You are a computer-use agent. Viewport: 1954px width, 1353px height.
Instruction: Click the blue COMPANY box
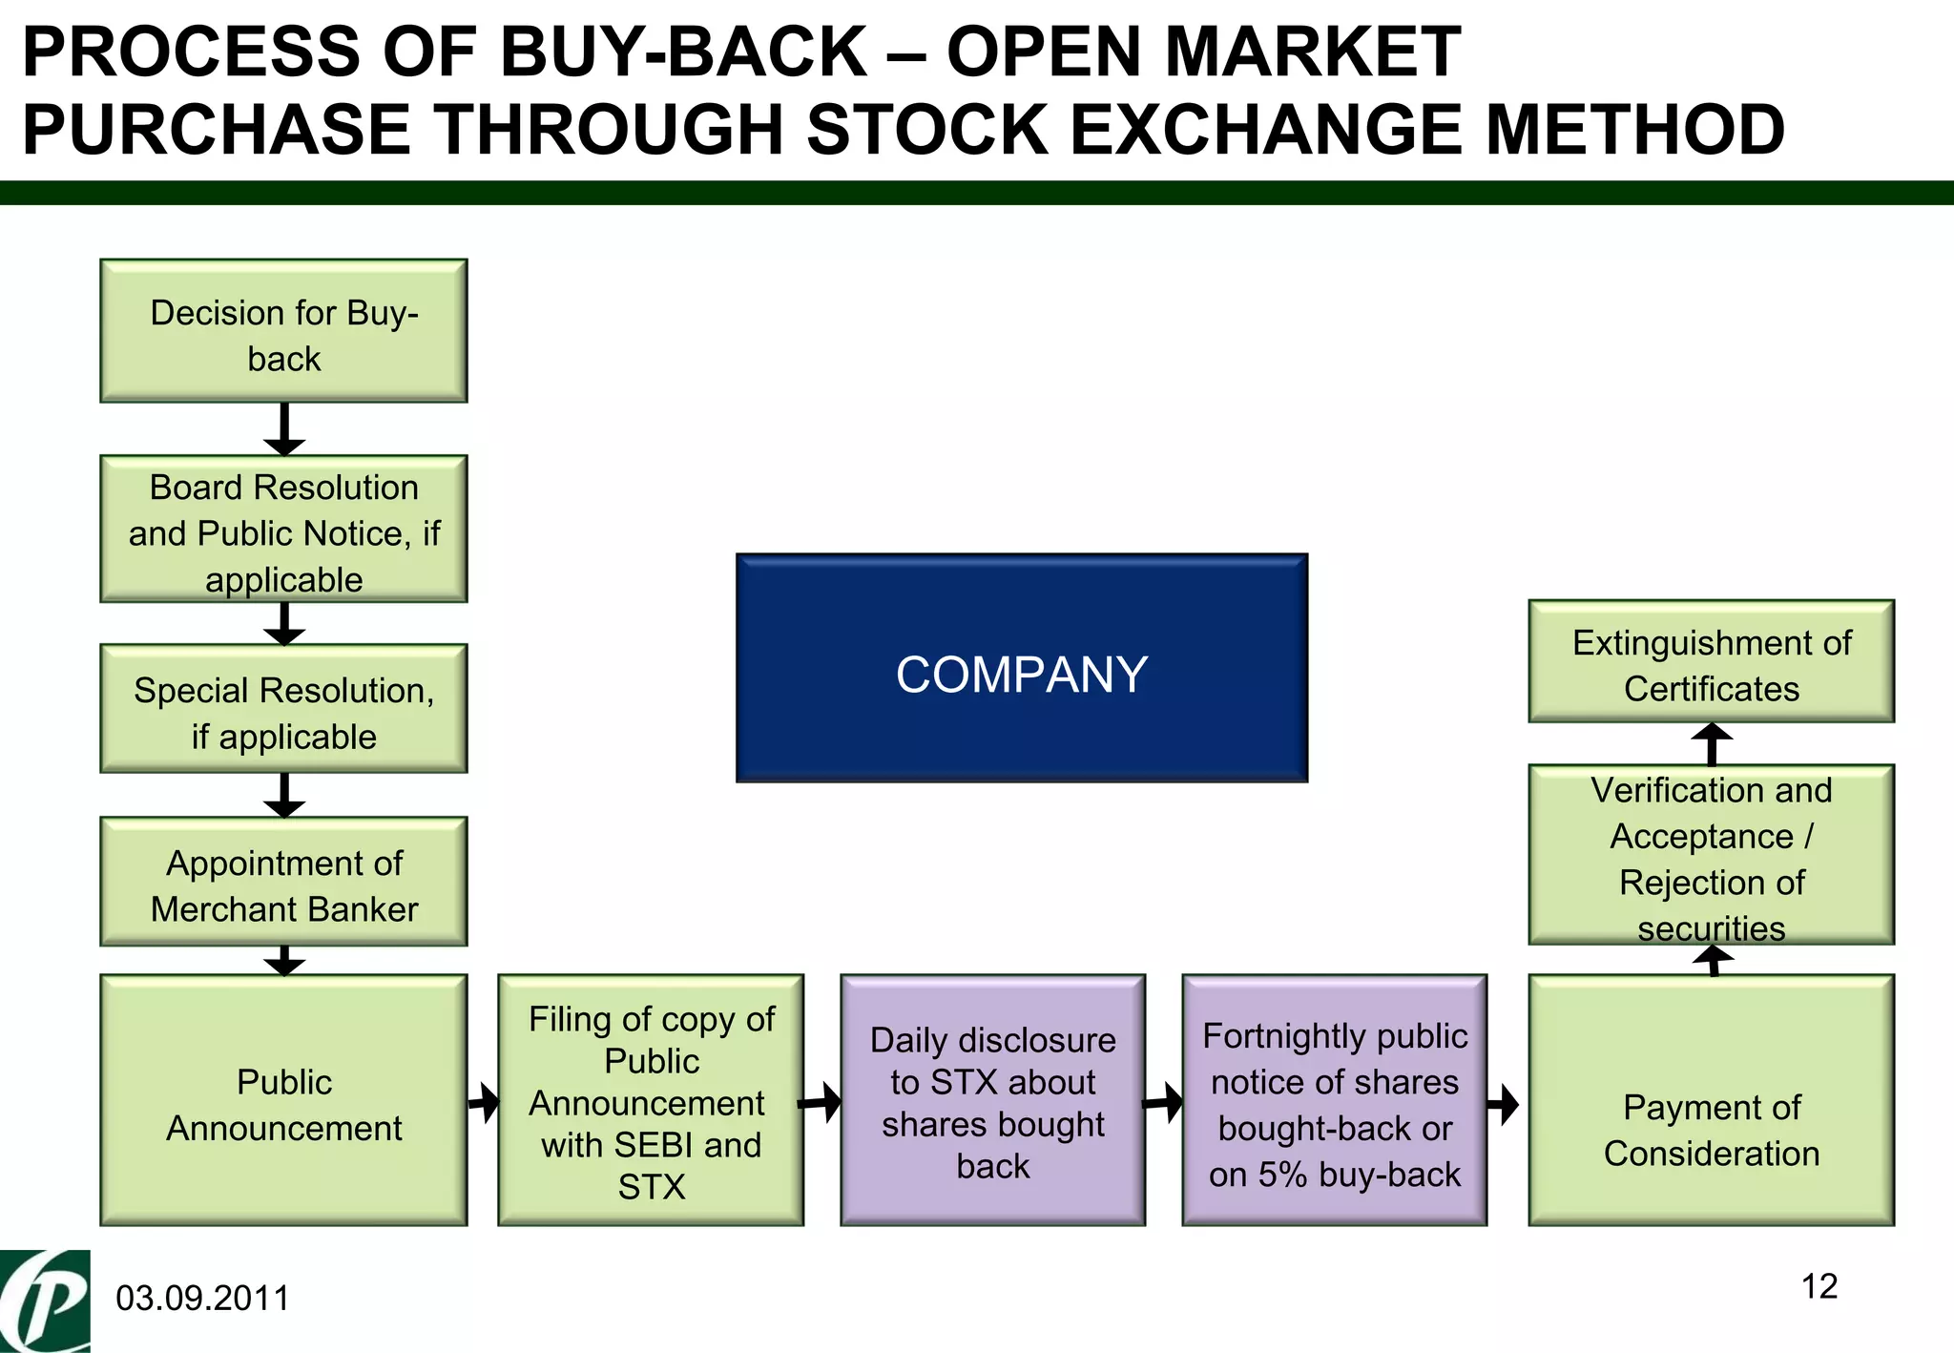(x=1021, y=668)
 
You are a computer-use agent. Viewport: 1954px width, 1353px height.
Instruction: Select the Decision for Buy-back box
(x=283, y=331)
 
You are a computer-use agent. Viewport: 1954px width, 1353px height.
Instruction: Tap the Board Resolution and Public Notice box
(x=283, y=530)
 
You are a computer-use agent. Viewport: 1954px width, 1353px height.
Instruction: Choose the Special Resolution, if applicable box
(x=283, y=709)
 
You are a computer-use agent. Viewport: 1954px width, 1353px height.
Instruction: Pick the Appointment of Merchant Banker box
(x=283, y=882)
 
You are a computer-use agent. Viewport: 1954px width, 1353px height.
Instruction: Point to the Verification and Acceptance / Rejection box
(x=1711, y=855)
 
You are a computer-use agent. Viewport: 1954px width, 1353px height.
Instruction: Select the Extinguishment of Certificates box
(x=1711, y=661)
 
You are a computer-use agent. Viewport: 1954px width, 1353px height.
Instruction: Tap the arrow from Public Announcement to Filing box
(x=485, y=1103)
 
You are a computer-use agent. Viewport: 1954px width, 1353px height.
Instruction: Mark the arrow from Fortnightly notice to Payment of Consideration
(x=1504, y=1105)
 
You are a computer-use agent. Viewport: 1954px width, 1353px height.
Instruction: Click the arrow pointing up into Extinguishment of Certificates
(x=1712, y=743)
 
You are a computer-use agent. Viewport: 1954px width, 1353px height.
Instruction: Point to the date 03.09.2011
(x=202, y=1299)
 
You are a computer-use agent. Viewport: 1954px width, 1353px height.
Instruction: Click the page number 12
(x=1819, y=1286)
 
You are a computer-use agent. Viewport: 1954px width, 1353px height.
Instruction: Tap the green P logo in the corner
(x=45, y=1301)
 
